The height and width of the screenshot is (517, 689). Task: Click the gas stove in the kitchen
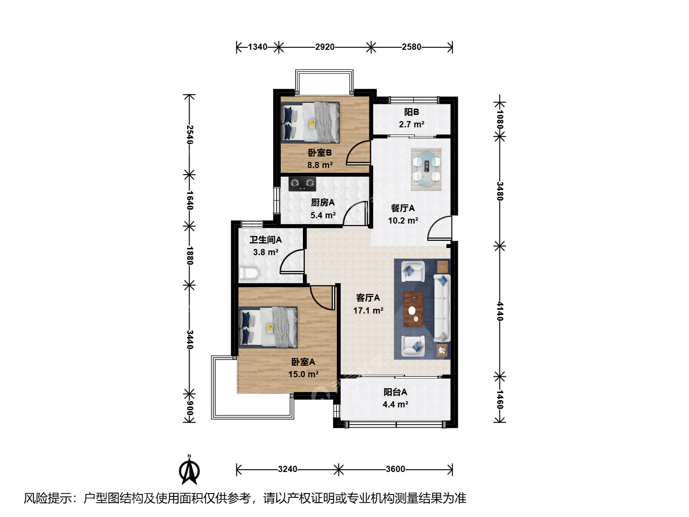click(x=302, y=184)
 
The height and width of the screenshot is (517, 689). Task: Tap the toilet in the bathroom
click(x=249, y=273)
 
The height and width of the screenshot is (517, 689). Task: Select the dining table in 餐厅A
click(x=426, y=169)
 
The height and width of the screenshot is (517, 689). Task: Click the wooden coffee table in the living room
click(x=413, y=309)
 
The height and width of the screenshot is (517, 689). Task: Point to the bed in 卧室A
click(x=268, y=327)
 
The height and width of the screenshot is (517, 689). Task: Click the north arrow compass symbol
click(x=189, y=470)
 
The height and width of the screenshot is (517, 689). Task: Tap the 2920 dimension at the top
click(x=324, y=47)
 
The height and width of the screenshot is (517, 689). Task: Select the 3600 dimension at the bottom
click(x=395, y=469)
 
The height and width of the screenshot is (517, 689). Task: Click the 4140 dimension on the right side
click(x=500, y=311)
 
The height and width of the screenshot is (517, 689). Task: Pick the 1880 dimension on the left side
click(x=189, y=256)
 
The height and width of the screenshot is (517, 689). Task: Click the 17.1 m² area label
click(x=368, y=311)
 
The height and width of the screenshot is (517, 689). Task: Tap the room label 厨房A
click(x=322, y=202)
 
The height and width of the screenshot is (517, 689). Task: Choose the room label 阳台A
click(x=395, y=392)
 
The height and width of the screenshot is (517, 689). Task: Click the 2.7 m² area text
click(x=411, y=124)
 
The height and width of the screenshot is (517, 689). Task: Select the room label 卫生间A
click(x=266, y=240)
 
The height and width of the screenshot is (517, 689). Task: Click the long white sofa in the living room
click(x=442, y=308)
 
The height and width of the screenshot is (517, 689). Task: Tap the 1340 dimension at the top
click(x=257, y=47)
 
